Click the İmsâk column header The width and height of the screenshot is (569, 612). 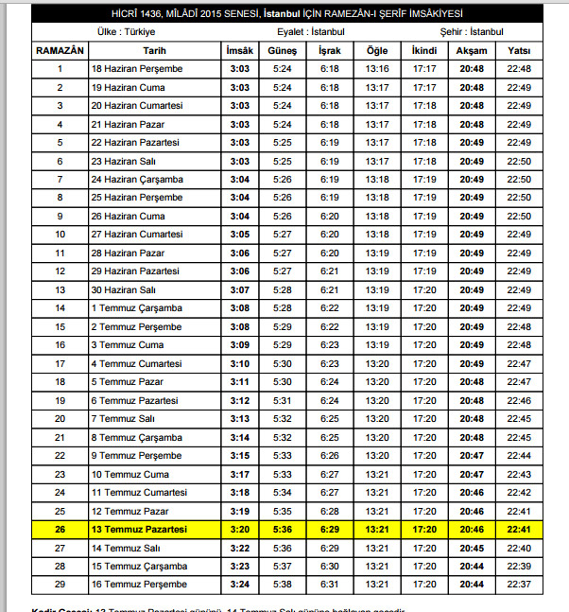(x=239, y=49)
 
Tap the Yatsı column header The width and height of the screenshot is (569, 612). (x=519, y=49)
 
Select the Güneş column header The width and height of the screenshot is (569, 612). (x=282, y=49)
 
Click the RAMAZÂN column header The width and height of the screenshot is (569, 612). (x=60, y=49)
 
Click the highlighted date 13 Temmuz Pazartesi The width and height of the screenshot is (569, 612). (x=140, y=529)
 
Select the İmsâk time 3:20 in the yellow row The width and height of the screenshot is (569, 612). (x=239, y=529)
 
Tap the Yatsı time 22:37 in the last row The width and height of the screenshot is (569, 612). (x=519, y=585)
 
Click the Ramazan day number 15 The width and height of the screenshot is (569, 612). (x=60, y=326)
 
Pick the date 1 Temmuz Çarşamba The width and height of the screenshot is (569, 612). (x=136, y=308)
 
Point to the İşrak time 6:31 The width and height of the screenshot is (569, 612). (x=329, y=585)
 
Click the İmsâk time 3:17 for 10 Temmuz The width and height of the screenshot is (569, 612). (x=239, y=474)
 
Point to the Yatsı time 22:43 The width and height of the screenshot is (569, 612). (x=519, y=474)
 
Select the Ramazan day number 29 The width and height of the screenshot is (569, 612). (x=60, y=585)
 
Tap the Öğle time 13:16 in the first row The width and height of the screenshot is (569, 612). (x=377, y=69)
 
